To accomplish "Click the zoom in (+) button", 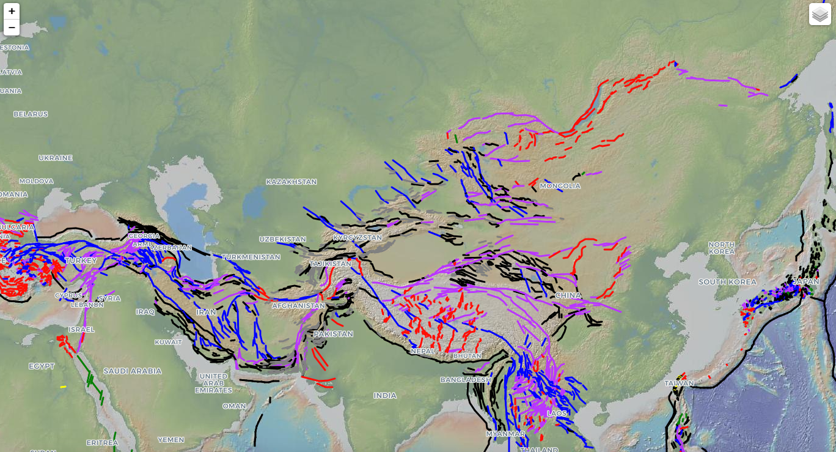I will point(12,11).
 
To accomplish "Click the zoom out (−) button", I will point(12,28).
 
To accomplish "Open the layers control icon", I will point(820,14).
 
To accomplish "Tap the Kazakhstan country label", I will point(291,182).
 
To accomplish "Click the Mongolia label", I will point(560,186).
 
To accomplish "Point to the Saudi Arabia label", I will point(132,371).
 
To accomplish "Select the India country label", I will point(385,396).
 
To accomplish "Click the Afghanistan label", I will point(299,305).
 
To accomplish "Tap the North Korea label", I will point(722,248).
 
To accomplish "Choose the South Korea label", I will point(727,282).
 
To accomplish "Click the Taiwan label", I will point(679,383).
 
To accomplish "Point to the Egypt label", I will point(42,366).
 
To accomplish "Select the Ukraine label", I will point(56,158).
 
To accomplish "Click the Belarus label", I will point(31,114).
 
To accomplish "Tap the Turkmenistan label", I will point(251,257).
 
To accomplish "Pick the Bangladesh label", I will point(466,380).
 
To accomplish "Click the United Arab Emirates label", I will point(213,383).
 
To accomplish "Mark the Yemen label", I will point(170,440).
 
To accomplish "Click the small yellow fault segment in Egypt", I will point(63,387).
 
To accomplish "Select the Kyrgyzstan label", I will point(357,237).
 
